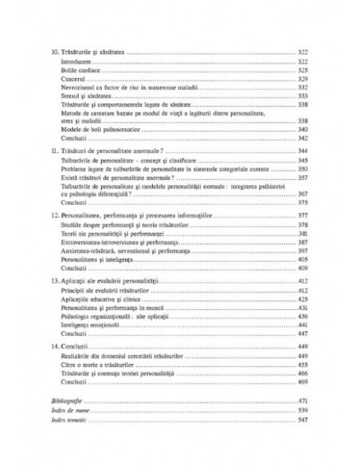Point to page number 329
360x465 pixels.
pos(290,80)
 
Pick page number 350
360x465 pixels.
pos(290,170)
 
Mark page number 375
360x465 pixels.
pos(290,202)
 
